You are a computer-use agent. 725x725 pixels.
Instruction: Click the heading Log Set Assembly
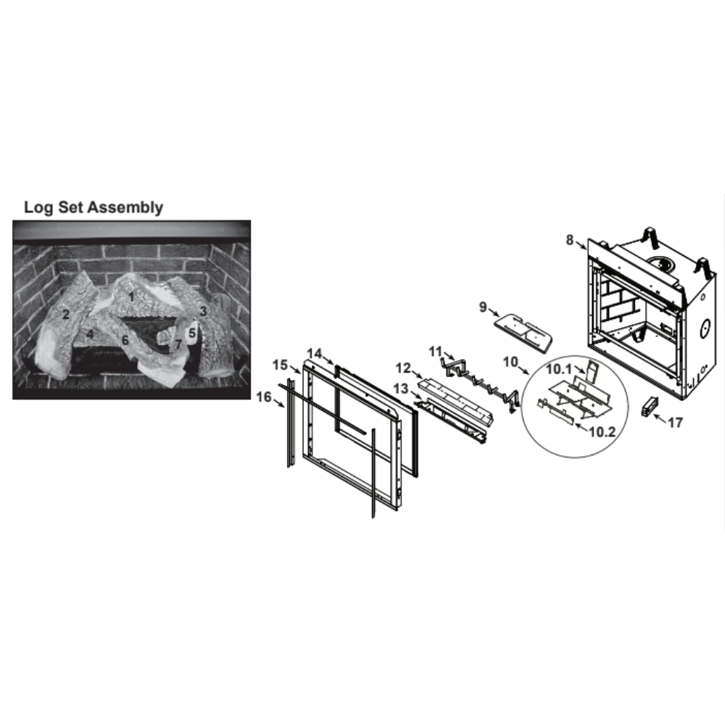point(94,207)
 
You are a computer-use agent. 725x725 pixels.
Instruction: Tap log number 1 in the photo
point(131,297)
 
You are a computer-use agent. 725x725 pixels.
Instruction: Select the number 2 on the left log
point(66,315)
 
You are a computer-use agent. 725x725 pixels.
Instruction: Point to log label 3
point(203,311)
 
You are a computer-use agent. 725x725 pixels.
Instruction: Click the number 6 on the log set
point(125,340)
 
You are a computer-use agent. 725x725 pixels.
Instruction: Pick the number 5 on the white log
point(192,333)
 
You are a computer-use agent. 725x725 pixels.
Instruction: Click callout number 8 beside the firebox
point(570,240)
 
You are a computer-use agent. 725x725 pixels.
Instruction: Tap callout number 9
point(483,307)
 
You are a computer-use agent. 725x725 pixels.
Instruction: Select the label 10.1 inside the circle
point(559,369)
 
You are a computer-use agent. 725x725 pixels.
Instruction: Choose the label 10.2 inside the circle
point(602,432)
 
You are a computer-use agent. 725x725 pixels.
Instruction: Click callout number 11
point(435,352)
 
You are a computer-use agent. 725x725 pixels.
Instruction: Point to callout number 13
point(401,389)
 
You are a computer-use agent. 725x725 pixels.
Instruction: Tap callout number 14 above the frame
point(315,354)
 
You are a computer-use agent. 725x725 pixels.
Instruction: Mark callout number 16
point(264,397)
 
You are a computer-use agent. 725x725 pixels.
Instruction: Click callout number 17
point(675,422)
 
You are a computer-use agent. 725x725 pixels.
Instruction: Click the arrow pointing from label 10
point(524,370)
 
